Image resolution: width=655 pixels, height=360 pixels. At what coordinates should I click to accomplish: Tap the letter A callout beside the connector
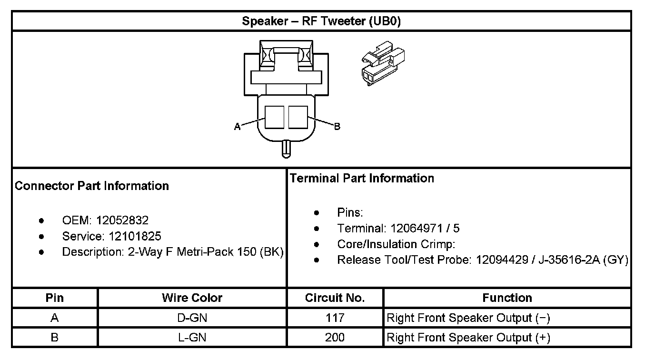[x=237, y=127]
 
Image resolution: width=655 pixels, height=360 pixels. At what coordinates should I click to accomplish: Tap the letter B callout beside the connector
[x=337, y=127]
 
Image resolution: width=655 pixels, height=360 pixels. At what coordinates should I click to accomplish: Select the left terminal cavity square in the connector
[x=274, y=117]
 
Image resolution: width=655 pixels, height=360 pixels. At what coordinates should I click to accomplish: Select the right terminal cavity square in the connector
[x=298, y=117]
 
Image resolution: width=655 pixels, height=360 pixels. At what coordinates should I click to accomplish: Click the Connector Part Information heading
[x=92, y=186]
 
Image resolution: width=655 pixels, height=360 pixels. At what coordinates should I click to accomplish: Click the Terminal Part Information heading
[x=362, y=178]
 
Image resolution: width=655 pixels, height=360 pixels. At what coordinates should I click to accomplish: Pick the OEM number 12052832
[x=122, y=220]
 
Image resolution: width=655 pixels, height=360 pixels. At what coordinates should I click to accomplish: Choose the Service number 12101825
[x=135, y=236]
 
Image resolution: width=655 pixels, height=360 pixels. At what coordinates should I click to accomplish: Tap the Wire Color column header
[x=192, y=298]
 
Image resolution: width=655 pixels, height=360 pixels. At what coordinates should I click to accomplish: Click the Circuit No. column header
[x=335, y=298]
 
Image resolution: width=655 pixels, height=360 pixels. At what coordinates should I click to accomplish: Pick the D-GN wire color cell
[x=192, y=318]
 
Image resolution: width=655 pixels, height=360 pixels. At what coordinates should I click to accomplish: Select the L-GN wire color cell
[x=192, y=338]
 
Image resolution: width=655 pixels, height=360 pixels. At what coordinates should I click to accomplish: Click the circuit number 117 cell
[x=335, y=318]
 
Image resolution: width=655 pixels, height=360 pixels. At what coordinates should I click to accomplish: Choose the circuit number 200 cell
[x=335, y=338]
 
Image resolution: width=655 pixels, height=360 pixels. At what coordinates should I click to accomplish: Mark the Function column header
[x=507, y=298]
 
